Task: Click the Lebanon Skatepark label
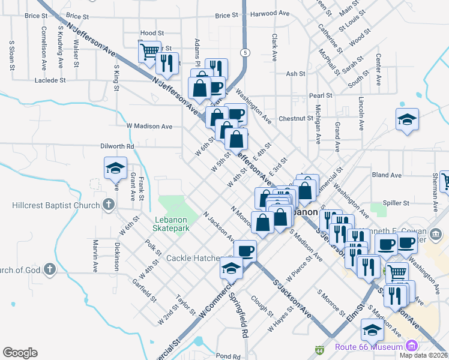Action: pyautogui.click(x=172, y=224)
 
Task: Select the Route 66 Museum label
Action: pyautogui.click(x=378, y=346)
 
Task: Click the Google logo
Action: pyautogui.click(x=20, y=353)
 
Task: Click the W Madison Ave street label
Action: pyautogui.click(x=149, y=126)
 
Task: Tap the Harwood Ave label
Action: pyautogui.click(x=267, y=13)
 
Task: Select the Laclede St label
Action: pyautogui.click(x=50, y=80)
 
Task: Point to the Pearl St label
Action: pyautogui.click(x=321, y=95)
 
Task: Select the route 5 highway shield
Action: pyautogui.click(x=245, y=53)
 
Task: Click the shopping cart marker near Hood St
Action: pyautogui.click(x=149, y=51)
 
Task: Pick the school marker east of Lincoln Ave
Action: pyautogui.click(x=407, y=119)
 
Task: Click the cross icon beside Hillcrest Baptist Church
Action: pyautogui.click(x=108, y=205)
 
